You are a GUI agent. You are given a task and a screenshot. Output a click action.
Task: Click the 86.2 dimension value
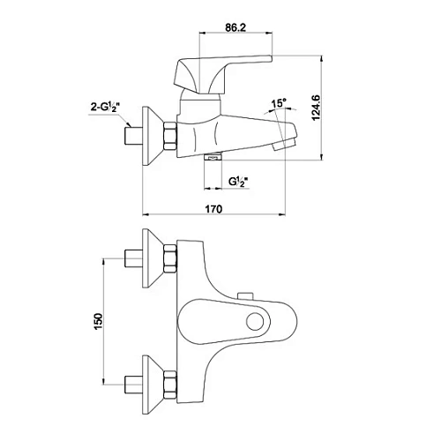pos(235,27)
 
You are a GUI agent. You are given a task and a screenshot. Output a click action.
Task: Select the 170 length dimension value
pos(213,209)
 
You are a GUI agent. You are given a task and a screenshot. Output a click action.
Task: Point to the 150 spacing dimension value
pos(99,321)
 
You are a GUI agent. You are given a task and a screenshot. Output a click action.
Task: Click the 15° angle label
pos(279,103)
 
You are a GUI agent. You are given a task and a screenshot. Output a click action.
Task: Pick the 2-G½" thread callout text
pos(104,108)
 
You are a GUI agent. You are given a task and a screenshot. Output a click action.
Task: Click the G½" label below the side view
pos(237,182)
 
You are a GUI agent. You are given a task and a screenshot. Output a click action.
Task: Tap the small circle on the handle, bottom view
pos(255,321)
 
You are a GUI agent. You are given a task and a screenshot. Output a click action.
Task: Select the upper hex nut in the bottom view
pos(170,258)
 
